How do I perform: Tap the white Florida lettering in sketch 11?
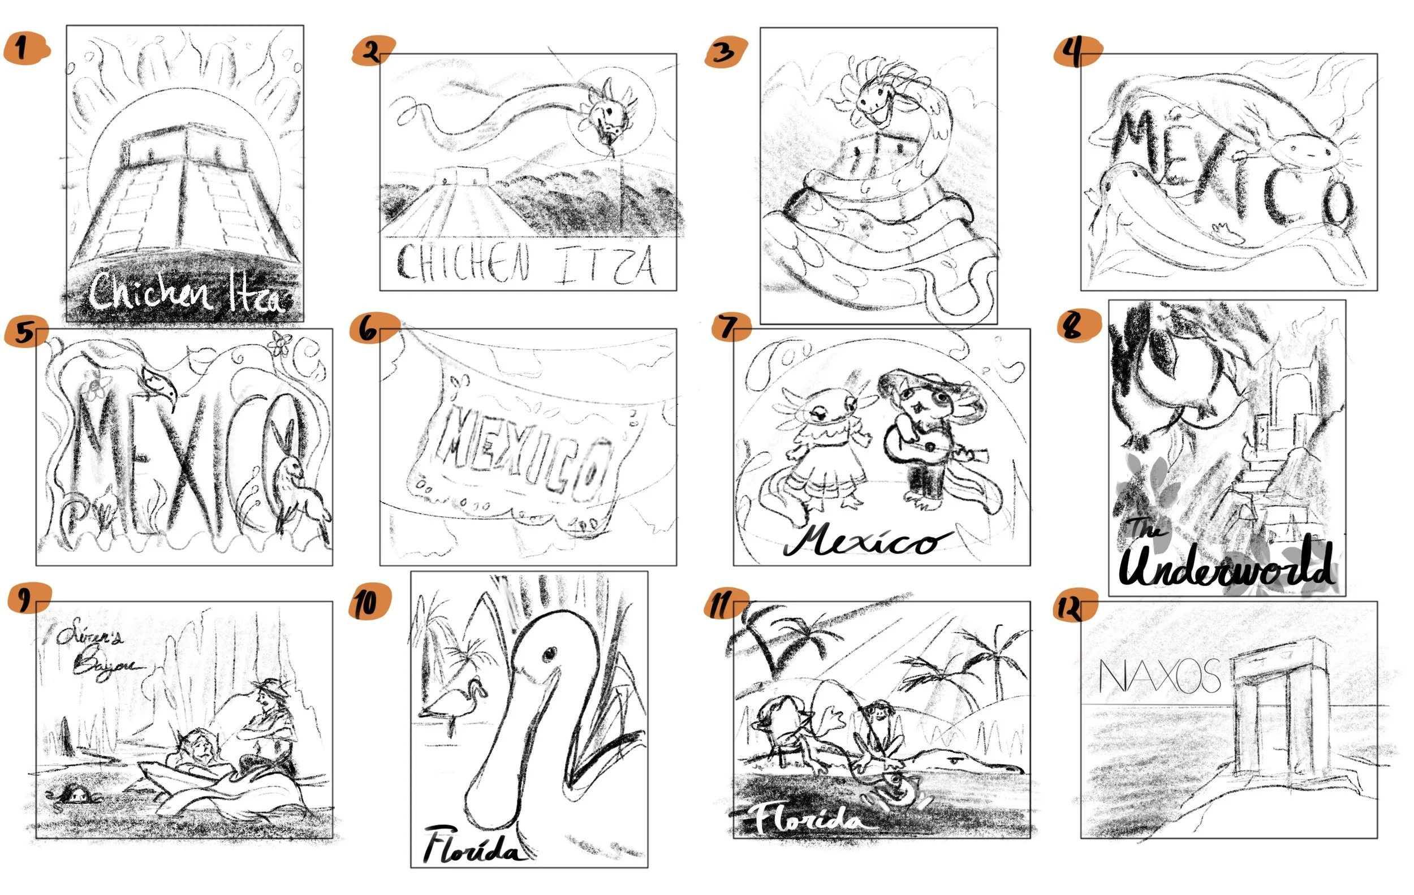[x=808, y=819]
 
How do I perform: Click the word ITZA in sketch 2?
[x=605, y=265]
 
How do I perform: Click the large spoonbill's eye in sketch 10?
[x=549, y=653]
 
